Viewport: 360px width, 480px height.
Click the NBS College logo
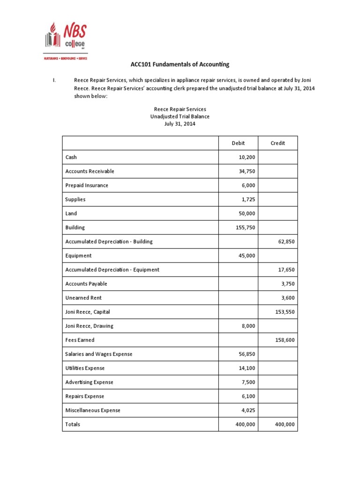(x=66, y=39)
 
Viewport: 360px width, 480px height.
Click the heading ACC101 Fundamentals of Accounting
(x=180, y=65)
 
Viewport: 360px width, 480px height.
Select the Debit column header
(x=238, y=143)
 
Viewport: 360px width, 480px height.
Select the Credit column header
(x=277, y=143)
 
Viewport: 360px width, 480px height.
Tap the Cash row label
(x=71, y=157)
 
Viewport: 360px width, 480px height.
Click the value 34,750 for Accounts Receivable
(x=247, y=171)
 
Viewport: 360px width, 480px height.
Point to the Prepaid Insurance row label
(x=87, y=185)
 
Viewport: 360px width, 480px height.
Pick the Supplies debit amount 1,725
(x=248, y=199)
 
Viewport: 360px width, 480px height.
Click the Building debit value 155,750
(x=245, y=227)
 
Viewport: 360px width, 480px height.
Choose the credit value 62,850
(x=286, y=241)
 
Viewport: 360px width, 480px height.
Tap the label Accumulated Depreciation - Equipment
(x=112, y=270)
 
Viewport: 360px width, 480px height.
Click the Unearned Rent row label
(x=83, y=298)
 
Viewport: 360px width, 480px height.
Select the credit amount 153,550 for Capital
(x=285, y=312)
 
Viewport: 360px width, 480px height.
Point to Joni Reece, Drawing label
(x=89, y=326)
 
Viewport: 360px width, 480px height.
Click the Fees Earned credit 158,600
(x=285, y=340)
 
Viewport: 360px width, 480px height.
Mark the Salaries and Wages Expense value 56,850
(x=247, y=354)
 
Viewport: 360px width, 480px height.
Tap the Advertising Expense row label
(x=89, y=382)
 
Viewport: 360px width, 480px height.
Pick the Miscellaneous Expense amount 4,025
(x=248, y=410)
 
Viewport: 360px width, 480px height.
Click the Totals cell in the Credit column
(x=285, y=424)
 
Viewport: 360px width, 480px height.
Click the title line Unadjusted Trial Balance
(x=180, y=116)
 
